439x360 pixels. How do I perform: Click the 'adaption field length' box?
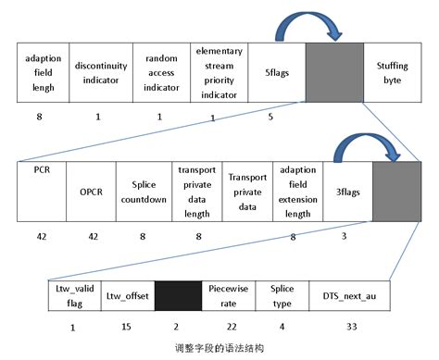(x=44, y=73)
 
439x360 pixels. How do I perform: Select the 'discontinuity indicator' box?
(x=102, y=73)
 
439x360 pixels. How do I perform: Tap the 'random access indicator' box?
(x=161, y=73)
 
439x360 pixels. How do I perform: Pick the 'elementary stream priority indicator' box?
(x=219, y=73)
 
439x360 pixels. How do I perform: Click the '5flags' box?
(x=275, y=73)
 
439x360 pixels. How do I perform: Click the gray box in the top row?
(x=333, y=73)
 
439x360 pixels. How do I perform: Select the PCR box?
(x=41, y=192)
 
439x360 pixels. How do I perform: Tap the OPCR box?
(x=89, y=192)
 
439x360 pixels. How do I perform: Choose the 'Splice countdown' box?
(x=142, y=192)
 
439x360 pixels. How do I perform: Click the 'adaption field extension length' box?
(x=297, y=192)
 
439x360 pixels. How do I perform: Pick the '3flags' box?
(x=347, y=192)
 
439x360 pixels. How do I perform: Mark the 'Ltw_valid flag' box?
(x=72, y=297)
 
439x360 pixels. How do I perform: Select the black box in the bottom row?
(x=177, y=297)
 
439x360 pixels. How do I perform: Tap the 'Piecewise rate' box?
(x=228, y=297)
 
